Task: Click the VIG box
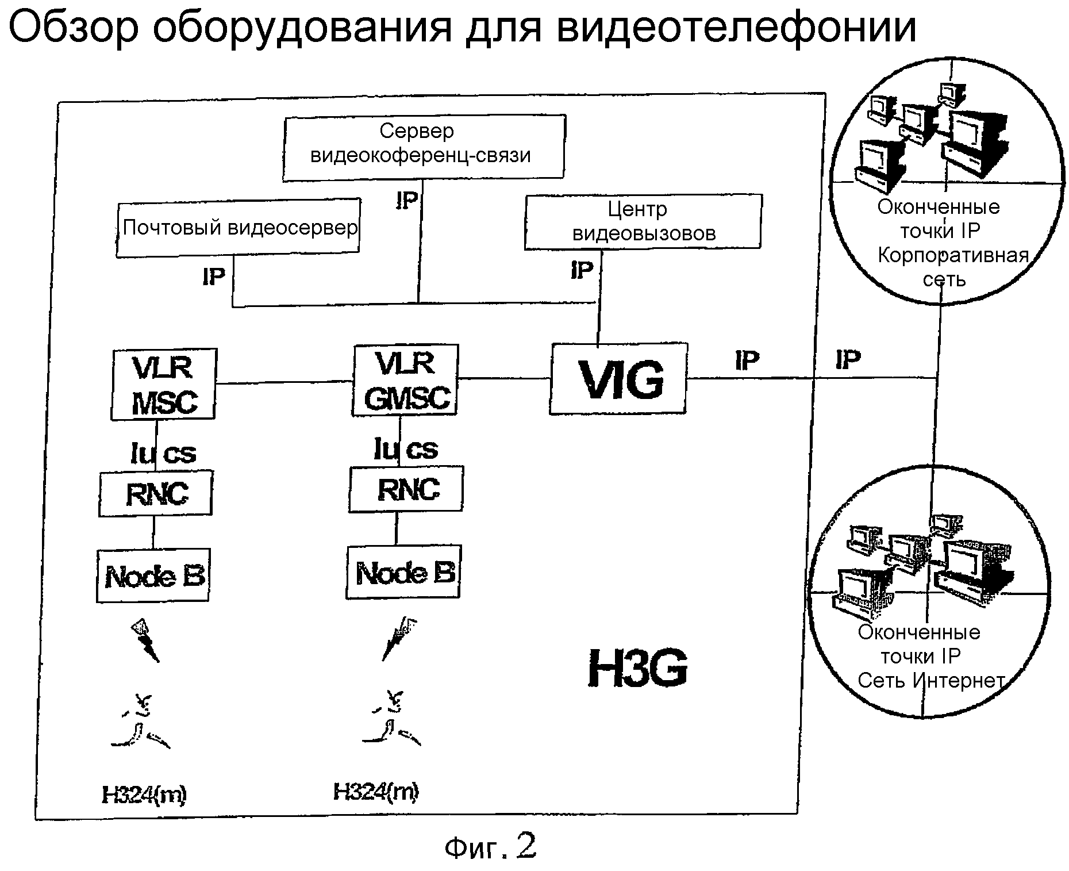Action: (618, 379)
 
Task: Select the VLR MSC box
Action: (164, 384)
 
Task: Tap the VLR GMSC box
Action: (405, 380)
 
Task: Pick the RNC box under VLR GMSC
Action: (406, 489)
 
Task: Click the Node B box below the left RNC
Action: (153, 576)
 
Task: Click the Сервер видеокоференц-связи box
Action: (424, 147)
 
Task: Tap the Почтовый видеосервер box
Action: (239, 228)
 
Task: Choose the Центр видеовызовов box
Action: (643, 222)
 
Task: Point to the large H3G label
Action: (638, 668)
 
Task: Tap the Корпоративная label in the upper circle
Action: (953, 255)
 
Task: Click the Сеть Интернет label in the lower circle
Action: (931, 681)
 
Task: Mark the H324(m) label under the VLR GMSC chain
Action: (376, 792)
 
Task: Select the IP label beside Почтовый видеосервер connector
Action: (214, 277)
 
